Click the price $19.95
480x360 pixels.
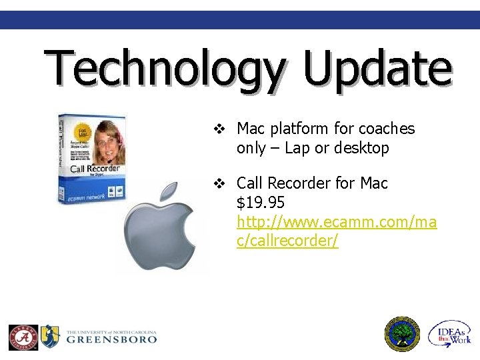click(x=261, y=203)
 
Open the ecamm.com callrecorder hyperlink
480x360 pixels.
click(x=336, y=222)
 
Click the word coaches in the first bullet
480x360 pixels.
click(x=387, y=129)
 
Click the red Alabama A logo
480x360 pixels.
click(x=23, y=337)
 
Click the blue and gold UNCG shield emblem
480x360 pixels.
click(x=51, y=336)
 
